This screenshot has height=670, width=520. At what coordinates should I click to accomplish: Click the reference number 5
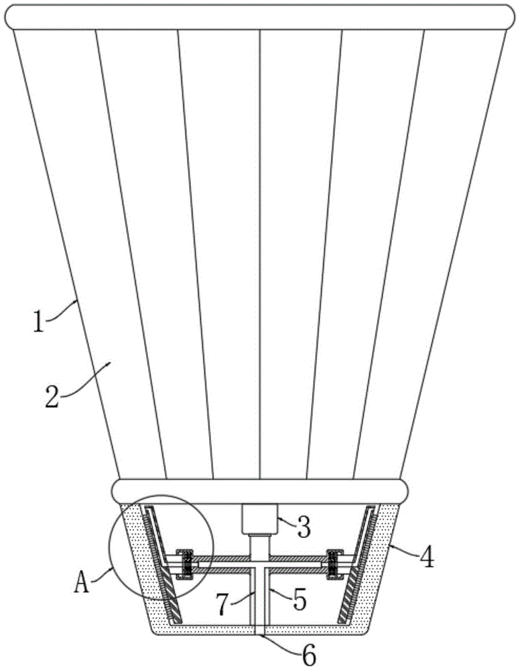pyautogui.click(x=300, y=599)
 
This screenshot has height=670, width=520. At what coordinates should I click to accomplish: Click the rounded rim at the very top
pyautogui.click(x=260, y=17)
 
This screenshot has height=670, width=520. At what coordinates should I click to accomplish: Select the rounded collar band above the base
pyautogui.click(x=260, y=490)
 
